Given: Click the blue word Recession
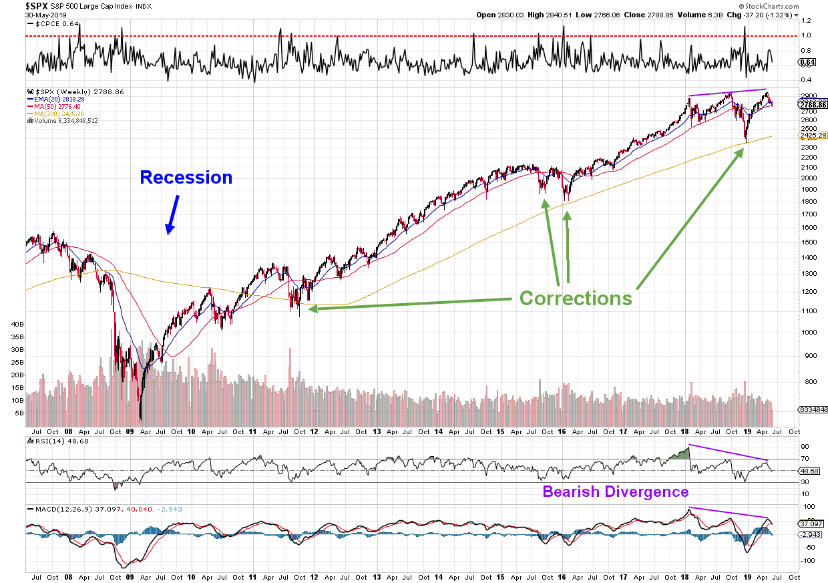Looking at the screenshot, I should click(186, 178).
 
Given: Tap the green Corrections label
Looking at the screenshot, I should click(576, 298).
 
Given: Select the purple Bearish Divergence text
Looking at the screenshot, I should click(615, 492).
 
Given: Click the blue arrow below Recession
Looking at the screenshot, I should click(172, 214).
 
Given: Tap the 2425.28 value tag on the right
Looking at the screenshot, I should click(813, 136).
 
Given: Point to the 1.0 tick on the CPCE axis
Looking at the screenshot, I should click(806, 35).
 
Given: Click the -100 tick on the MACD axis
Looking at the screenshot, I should click(806, 561).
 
